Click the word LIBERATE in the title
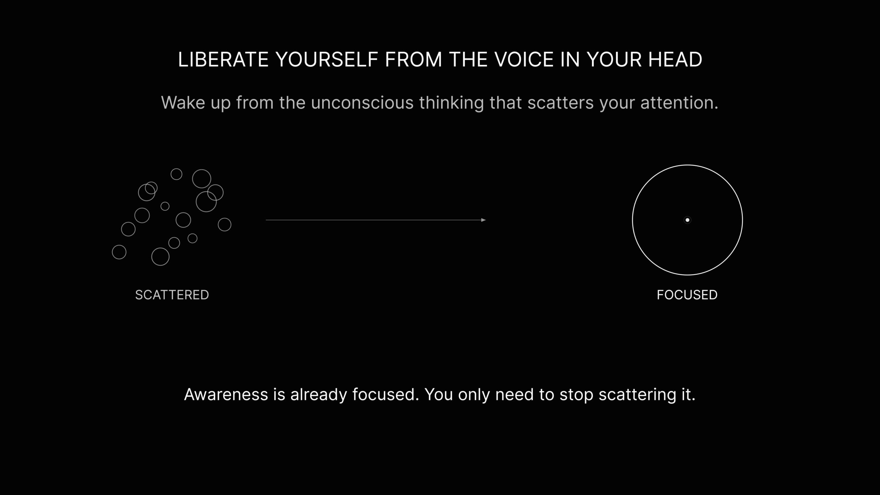click(223, 59)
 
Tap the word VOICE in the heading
click(524, 59)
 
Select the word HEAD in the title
click(675, 59)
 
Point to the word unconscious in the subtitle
click(362, 102)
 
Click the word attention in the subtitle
click(679, 102)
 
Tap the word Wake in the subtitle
click(183, 102)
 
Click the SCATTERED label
click(172, 295)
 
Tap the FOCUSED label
click(687, 295)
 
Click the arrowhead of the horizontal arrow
click(484, 220)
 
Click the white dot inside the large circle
click(687, 220)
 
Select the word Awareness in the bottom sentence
click(226, 394)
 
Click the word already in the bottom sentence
click(319, 395)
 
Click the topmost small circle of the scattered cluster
click(176, 169)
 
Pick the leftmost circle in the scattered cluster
click(112, 252)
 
